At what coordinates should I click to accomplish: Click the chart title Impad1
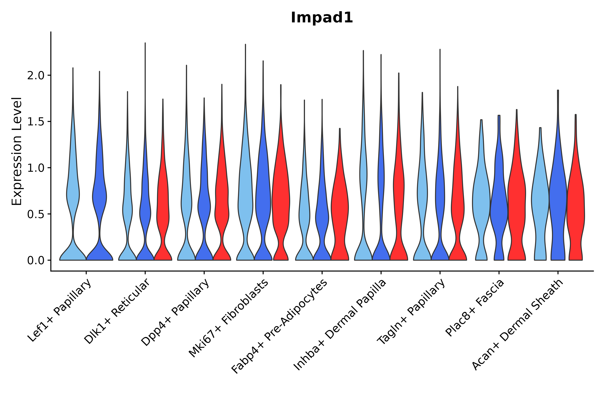pyautogui.click(x=322, y=18)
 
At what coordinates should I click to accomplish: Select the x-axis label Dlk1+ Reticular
pyautogui.click(x=117, y=311)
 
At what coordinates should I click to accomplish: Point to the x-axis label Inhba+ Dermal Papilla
pyautogui.click(x=340, y=325)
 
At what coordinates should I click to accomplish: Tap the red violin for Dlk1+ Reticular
pyautogui.click(x=163, y=206)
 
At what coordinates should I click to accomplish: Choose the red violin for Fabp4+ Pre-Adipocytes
pyautogui.click(x=340, y=206)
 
